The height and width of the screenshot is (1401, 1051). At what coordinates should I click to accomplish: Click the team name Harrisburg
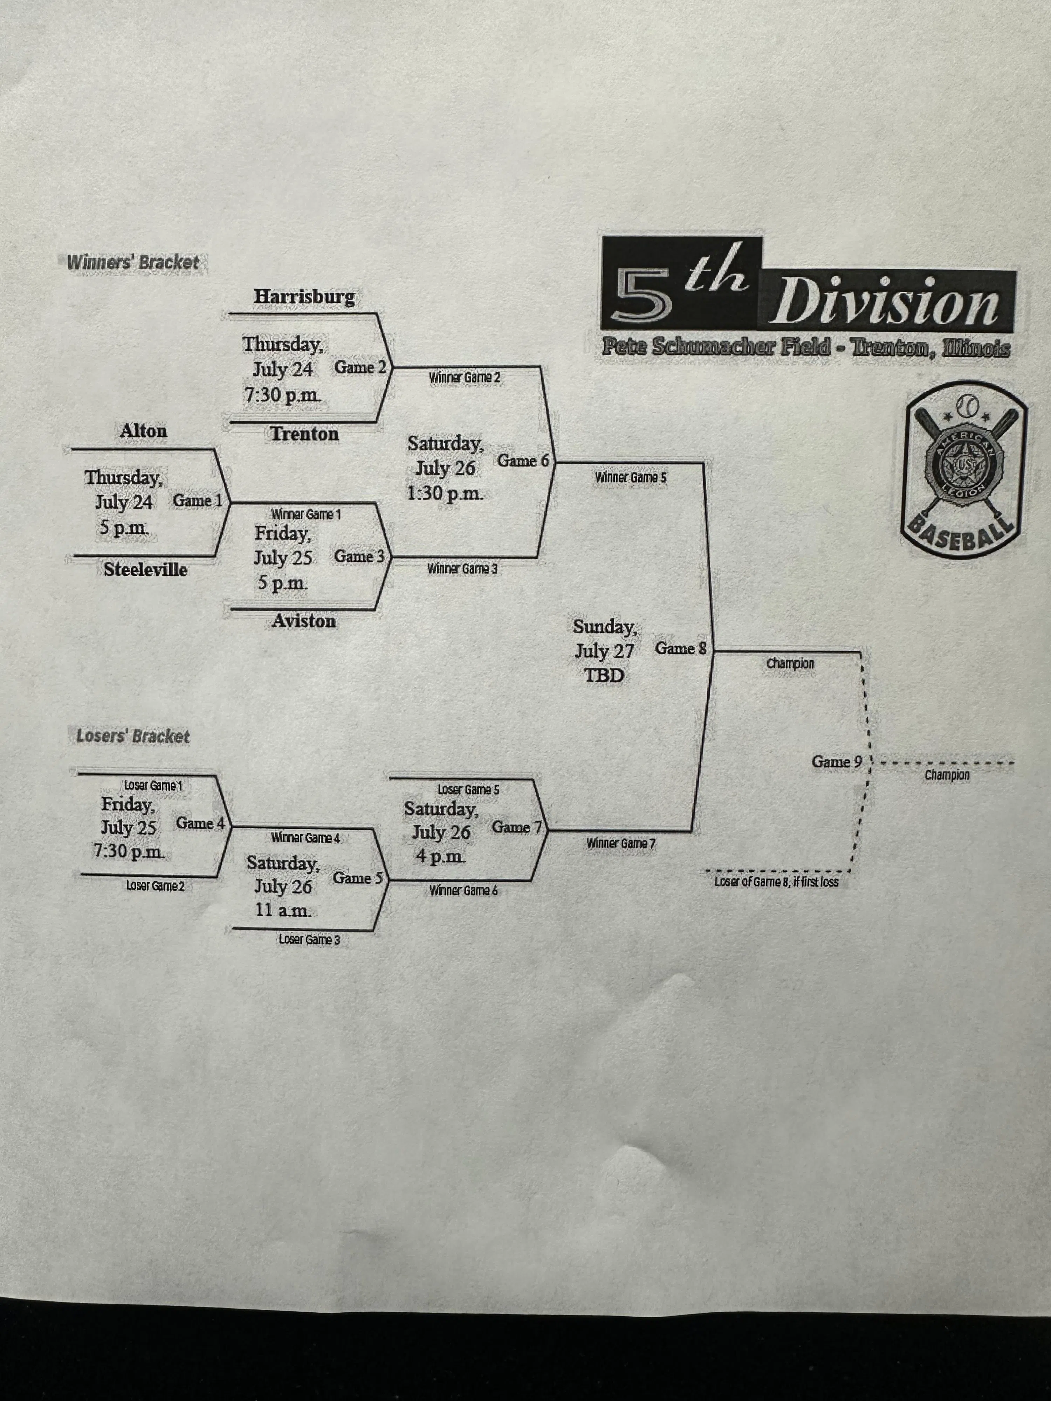point(304,296)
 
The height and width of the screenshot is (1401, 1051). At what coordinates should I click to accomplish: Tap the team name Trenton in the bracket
point(304,434)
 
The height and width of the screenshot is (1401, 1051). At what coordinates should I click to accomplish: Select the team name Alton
point(144,431)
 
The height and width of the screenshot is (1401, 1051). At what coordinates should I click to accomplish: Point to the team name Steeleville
point(145,570)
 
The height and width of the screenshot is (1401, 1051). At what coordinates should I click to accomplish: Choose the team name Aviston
point(303,621)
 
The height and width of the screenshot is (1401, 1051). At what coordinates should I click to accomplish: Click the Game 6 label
point(523,461)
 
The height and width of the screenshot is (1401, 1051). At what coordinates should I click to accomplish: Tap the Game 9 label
point(836,762)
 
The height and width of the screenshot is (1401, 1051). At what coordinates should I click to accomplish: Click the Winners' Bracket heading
point(133,262)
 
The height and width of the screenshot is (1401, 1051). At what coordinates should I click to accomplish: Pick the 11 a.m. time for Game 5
point(283,910)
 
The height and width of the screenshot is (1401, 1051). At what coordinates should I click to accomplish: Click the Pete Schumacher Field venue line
point(806,347)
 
